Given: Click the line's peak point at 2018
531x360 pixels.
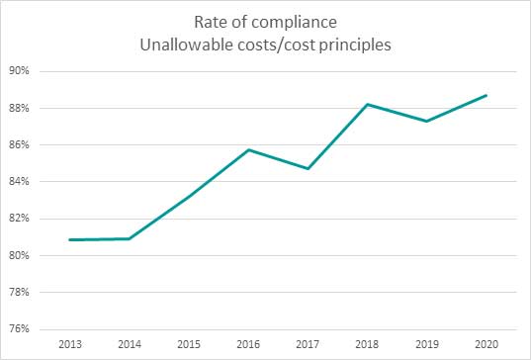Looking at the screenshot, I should (368, 104).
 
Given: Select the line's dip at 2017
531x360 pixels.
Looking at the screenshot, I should (309, 168).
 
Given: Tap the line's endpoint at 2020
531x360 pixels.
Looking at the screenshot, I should (487, 95).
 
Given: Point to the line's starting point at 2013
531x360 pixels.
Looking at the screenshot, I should (70, 239).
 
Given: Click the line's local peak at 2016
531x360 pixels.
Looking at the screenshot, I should (248, 149).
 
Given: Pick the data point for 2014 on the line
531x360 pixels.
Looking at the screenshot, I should (130, 238).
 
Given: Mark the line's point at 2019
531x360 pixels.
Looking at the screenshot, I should (427, 121).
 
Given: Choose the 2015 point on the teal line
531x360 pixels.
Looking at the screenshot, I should (189, 196).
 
